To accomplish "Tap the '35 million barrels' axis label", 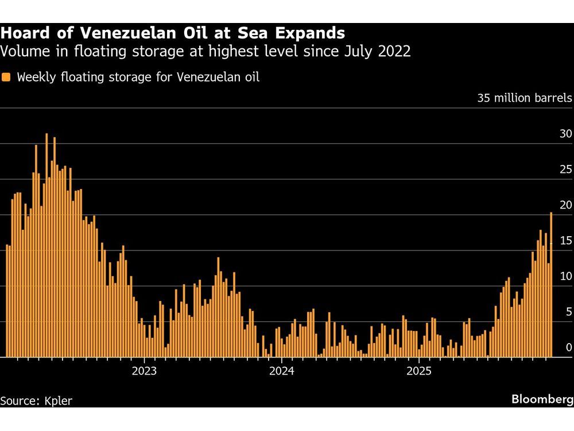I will [525, 98].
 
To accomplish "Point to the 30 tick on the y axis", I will [565, 134].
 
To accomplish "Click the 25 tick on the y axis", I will [565, 170].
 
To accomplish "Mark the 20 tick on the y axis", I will [565, 205].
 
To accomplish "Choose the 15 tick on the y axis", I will [565, 241].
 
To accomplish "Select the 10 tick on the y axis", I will [565, 276].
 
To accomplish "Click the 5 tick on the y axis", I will [568, 312].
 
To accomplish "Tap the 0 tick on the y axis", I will [568, 347].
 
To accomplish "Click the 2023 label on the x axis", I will [144, 371].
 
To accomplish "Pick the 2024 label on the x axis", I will [281, 371].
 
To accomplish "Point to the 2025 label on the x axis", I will [418, 371].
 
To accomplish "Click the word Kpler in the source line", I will [58, 401].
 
